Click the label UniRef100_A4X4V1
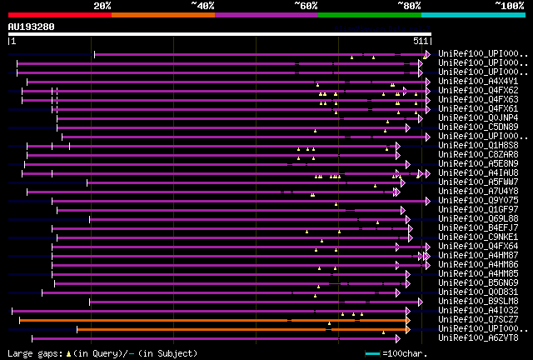click(478, 81)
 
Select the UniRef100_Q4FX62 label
click(478, 90)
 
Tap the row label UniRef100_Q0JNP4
click(478, 117)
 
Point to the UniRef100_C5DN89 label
click(478, 127)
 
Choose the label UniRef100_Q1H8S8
click(478, 145)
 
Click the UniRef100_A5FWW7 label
click(478, 182)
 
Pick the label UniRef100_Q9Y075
click(478, 200)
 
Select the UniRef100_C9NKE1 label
click(478, 237)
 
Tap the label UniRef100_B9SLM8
click(478, 301)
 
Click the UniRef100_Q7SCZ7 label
click(478, 319)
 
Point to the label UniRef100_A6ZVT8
click(478, 337)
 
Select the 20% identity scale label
click(102, 6)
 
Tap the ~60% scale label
click(306, 6)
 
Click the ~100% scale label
click(510, 6)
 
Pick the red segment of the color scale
click(59, 15)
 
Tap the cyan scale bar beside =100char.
click(372, 354)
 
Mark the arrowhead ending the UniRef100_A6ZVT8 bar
click(396, 338)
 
